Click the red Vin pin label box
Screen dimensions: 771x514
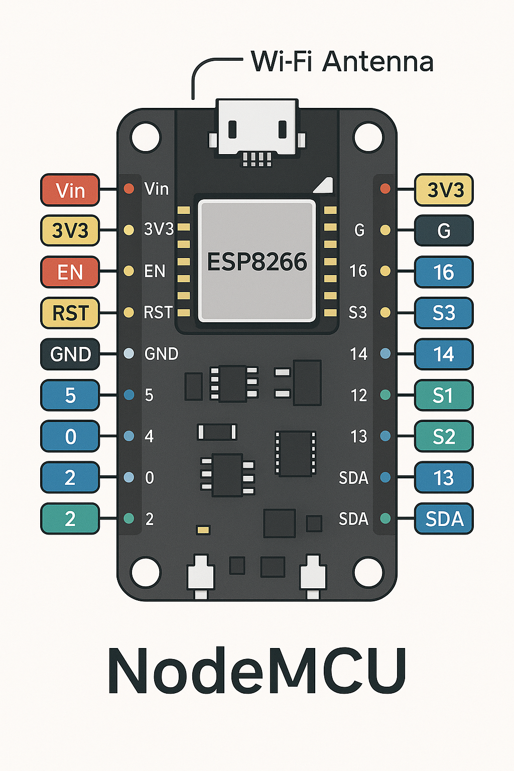coord(70,190)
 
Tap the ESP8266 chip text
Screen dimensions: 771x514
coord(256,262)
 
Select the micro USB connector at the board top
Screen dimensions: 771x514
coord(256,128)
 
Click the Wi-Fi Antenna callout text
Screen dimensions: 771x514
coord(342,62)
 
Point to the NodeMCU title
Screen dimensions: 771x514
coord(256,672)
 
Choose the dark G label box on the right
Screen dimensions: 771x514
coord(444,231)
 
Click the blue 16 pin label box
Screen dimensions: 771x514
coord(444,272)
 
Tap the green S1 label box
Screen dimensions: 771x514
coord(444,396)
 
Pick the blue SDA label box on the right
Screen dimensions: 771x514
coord(444,519)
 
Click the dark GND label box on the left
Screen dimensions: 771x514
coord(70,354)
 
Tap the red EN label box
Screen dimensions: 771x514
coord(70,272)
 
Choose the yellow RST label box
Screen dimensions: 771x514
coord(70,313)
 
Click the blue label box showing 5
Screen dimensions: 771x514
coord(70,396)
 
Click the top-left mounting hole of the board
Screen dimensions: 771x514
coord(145,137)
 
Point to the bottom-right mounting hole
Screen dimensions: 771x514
coord(368,572)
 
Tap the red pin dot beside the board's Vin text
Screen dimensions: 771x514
coord(129,189)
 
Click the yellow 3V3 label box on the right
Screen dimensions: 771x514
coord(444,190)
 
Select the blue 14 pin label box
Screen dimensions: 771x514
coord(444,354)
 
